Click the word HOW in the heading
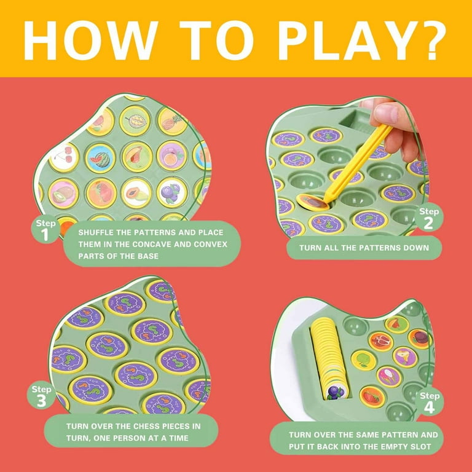point(90,40)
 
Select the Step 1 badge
point(45,229)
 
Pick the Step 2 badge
point(428,218)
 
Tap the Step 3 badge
point(41,395)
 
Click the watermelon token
point(100,158)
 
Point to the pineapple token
point(173,121)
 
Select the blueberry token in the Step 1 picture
point(172,192)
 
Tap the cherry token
point(64,157)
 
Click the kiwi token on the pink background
point(63,194)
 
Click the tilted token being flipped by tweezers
point(312,202)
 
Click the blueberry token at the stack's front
point(335,392)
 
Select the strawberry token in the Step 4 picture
point(372,397)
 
